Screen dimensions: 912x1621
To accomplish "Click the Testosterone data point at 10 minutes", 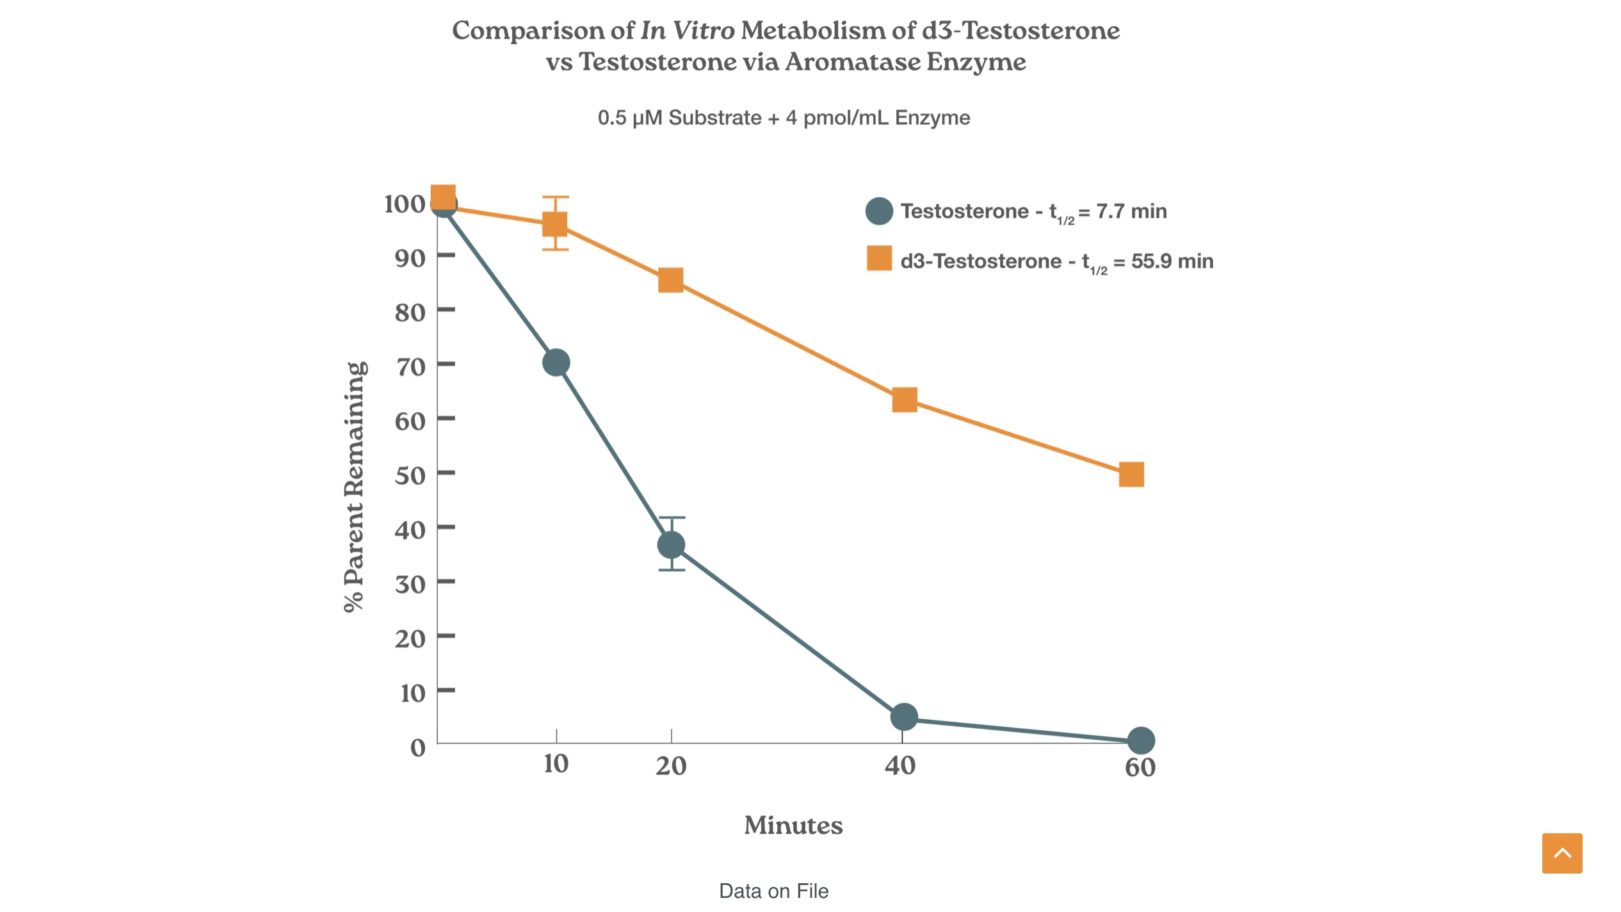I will (556, 362).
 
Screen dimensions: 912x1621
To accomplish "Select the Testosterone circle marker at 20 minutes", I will (671, 545).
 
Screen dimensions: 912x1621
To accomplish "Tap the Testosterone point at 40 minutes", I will (903, 717).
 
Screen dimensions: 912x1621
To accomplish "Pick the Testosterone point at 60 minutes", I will (1140, 740).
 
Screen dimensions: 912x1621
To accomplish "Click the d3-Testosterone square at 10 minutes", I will (554, 224).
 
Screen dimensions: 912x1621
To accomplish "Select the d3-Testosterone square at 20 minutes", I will (670, 280).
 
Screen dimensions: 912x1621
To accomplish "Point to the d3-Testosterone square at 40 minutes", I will (904, 400).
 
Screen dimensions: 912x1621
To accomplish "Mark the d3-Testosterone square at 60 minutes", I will (1131, 475).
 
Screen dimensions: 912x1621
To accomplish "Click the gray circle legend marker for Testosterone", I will (879, 211).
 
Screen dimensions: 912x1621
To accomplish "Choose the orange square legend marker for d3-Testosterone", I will (879, 258).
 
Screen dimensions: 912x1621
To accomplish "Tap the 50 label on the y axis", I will (410, 476).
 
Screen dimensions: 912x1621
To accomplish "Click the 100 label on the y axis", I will (404, 204).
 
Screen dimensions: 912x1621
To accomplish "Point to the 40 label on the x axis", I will (900, 766).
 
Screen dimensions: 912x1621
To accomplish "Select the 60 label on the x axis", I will (1140, 768).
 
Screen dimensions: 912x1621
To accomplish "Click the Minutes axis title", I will (793, 826).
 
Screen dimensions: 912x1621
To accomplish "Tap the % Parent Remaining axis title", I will (355, 487).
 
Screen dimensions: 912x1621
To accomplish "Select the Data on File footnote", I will (773, 891).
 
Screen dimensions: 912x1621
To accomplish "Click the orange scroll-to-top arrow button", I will (1561, 853).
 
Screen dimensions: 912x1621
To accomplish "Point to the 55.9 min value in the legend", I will (1172, 261).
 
